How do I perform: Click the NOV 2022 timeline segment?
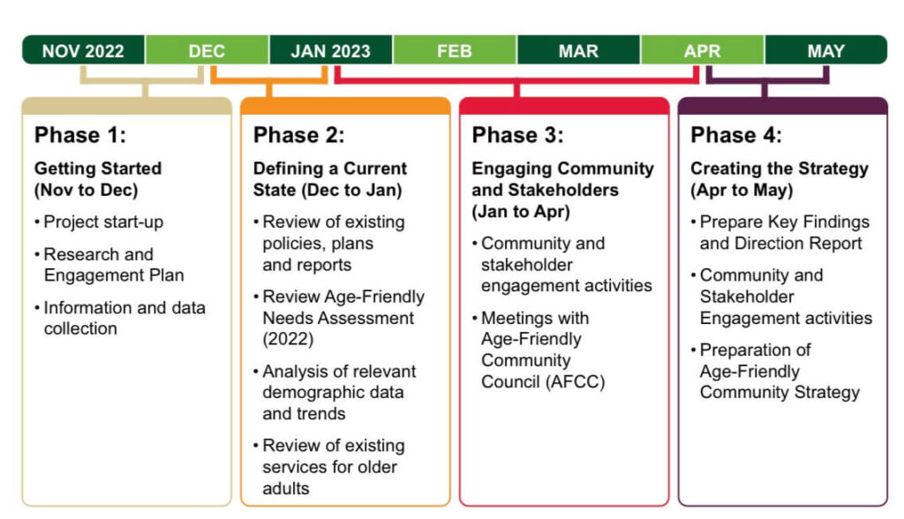pyautogui.click(x=84, y=50)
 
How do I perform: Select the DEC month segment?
pyautogui.click(x=207, y=50)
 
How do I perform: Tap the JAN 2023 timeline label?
pyautogui.click(x=330, y=50)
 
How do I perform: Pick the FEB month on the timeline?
pyautogui.click(x=455, y=50)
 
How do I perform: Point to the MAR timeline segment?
pyautogui.click(x=578, y=50)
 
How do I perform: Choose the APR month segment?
pyautogui.click(x=702, y=50)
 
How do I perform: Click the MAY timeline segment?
pyautogui.click(x=826, y=50)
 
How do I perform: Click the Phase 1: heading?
pyautogui.click(x=80, y=135)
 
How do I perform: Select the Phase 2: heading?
pyautogui.click(x=298, y=135)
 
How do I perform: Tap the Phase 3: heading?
pyautogui.click(x=517, y=135)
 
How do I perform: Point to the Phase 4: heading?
pyautogui.click(x=736, y=135)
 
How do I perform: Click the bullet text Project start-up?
pyautogui.click(x=104, y=222)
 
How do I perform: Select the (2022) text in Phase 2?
pyautogui.click(x=289, y=339)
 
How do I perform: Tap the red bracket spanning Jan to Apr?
pyautogui.click(x=516, y=80)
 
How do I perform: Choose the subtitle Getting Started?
pyautogui.click(x=98, y=169)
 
